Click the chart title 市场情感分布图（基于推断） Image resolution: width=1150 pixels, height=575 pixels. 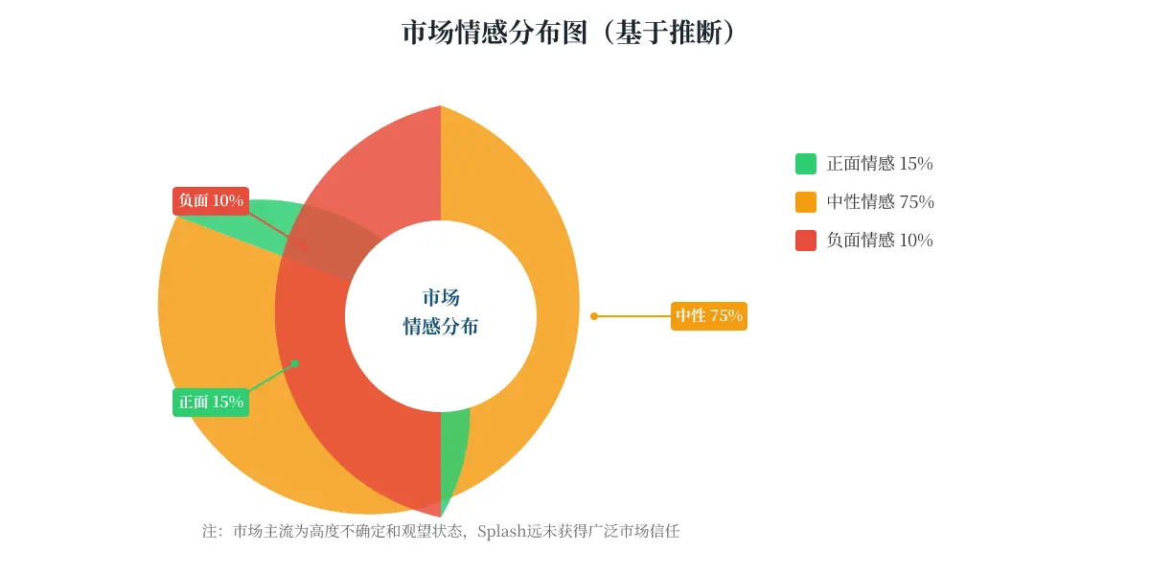[570, 33]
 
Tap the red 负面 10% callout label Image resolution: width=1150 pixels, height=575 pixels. [211, 200]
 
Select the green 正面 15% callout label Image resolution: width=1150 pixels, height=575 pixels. [211, 402]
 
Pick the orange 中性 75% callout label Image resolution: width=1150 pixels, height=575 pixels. [709, 315]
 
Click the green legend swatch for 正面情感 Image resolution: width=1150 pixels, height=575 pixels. [806, 164]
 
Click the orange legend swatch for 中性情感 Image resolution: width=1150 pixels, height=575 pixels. [806, 202]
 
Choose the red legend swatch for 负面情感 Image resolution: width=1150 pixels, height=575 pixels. [806, 241]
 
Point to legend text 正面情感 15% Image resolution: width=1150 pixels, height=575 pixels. [880, 164]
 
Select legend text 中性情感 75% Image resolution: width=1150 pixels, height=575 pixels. [880, 202]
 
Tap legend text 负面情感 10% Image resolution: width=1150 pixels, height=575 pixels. [880, 241]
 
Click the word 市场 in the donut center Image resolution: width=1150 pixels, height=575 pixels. [441, 297]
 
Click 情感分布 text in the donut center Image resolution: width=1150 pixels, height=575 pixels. [441, 326]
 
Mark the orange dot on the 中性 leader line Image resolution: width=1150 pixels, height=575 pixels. [594, 316]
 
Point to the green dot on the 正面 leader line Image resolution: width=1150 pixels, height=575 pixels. [295, 363]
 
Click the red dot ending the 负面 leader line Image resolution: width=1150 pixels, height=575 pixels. [305, 247]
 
